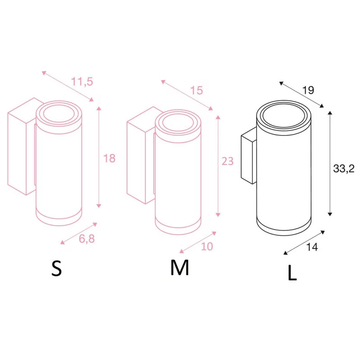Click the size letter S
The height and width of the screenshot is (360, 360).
pos(57,268)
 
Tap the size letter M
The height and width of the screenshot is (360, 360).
pos(180,267)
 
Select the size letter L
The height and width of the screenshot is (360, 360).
pos(292,273)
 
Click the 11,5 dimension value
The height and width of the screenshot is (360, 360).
pos(82,81)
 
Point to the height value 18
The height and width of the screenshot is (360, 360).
pos(109,158)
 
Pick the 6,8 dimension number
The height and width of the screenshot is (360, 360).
pos(87,239)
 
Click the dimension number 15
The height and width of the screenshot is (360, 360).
pos(197,90)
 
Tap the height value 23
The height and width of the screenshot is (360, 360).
pos(228,161)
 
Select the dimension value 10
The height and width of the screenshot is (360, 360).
pos(207,247)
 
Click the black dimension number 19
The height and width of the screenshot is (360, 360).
pos(308,90)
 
